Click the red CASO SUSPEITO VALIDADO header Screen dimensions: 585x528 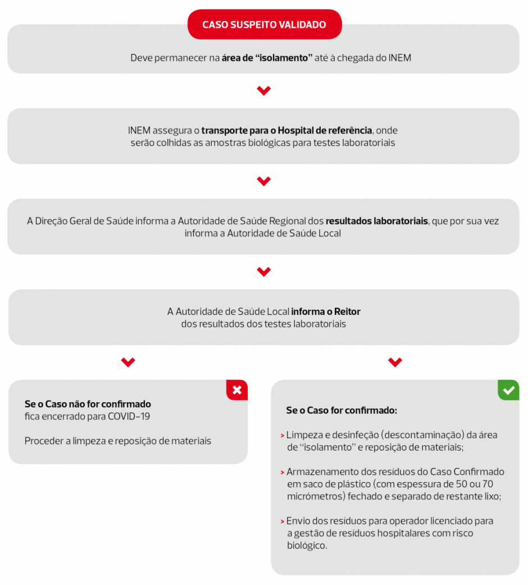[264, 25]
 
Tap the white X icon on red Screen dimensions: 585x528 [237, 390]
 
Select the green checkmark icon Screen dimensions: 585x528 [508, 390]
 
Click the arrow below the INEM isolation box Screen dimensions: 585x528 [263, 91]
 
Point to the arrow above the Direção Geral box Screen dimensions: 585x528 [263, 181]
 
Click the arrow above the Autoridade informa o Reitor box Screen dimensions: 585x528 [263, 272]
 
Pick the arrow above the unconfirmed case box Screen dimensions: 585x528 [128, 362]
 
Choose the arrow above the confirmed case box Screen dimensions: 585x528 [395, 362]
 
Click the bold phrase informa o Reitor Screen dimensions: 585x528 [326, 312]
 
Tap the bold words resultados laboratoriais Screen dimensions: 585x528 [376, 221]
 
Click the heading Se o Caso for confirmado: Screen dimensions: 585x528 [342, 411]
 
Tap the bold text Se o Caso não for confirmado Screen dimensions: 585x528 [88, 404]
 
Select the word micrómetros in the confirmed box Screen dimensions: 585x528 [315, 496]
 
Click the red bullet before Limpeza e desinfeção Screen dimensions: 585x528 [282, 435]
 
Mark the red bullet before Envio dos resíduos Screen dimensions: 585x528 [282, 521]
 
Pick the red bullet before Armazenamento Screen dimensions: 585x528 [282, 472]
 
